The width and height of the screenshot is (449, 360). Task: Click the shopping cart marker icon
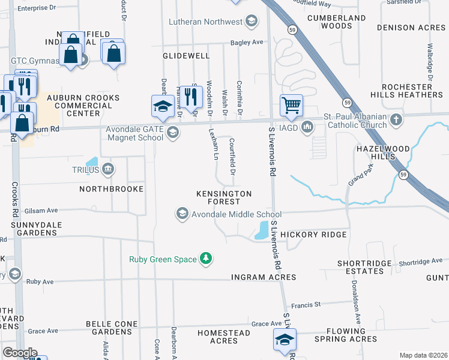coord(291,106)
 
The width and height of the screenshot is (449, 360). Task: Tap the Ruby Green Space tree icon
coord(206,259)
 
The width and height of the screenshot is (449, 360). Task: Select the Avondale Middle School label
coord(237,214)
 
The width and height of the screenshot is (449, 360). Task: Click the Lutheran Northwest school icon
coord(252,22)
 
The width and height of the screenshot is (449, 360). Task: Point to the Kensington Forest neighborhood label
coord(224,197)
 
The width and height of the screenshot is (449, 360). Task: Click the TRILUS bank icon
coord(108,169)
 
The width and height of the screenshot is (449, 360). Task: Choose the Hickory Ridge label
coord(313,235)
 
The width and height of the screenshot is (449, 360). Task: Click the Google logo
coord(20,353)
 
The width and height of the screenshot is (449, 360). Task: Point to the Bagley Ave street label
coord(248,43)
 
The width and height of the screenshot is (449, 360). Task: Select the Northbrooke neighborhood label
coord(112,189)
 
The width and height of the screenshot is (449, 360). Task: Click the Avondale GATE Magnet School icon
coord(172,133)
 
